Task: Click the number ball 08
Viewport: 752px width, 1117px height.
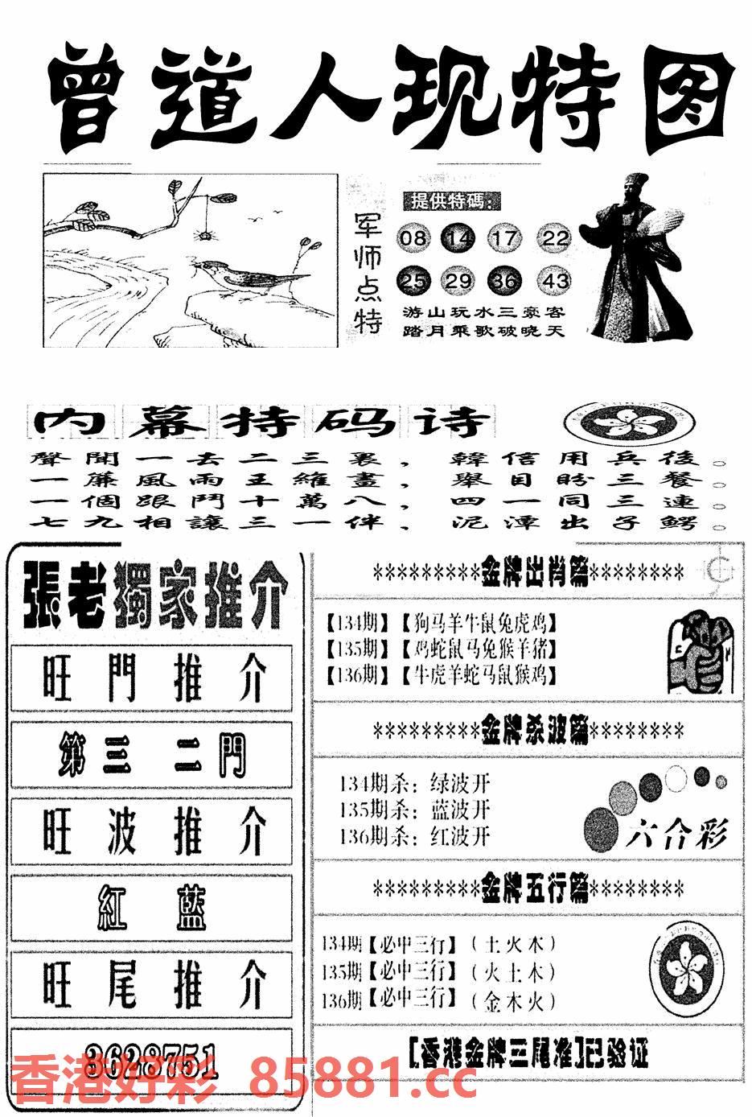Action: coord(414,238)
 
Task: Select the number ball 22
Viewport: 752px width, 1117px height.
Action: coord(555,238)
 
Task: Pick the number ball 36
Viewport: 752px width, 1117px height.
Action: coord(506,281)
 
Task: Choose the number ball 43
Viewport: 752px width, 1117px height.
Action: coord(555,281)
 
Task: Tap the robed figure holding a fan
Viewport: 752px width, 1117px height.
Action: coord(635,258)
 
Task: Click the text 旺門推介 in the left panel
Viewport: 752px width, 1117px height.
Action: coord(152,678)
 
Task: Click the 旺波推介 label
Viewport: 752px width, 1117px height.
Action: coord(152,832)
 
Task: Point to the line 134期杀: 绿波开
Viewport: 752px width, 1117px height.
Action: coord(413,783)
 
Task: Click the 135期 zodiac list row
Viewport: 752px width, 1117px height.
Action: coord(442,649)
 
